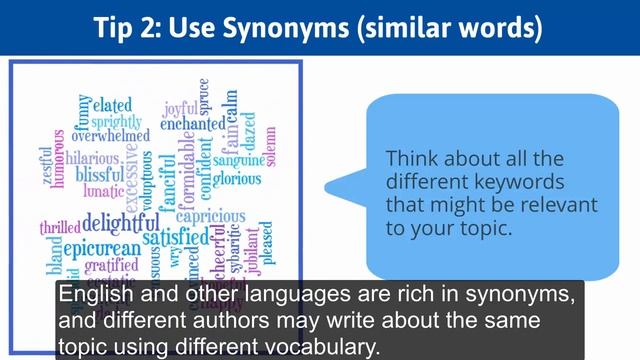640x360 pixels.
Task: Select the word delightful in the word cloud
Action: click(121, 221)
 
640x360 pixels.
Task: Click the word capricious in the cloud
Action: click(211, 216)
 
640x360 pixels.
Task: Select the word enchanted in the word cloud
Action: click(192, 124)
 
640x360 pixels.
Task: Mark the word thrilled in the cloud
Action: click(60, 228)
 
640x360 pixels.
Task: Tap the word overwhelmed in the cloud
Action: click(109, 135)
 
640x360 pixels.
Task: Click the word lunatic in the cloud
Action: click(104, 190)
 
